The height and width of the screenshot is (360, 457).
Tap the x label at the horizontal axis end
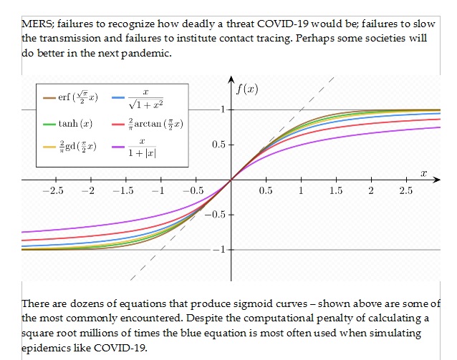coord(423,172)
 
